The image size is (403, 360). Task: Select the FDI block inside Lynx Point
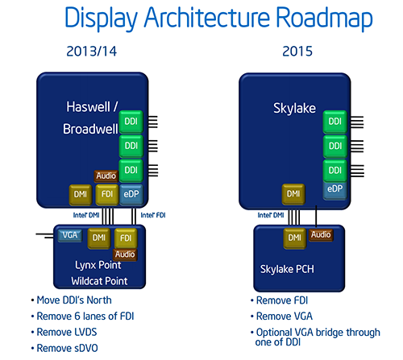[125, 238]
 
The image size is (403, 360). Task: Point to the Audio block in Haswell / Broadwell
[106, 175]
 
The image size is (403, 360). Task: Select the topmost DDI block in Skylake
[334, 122]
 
